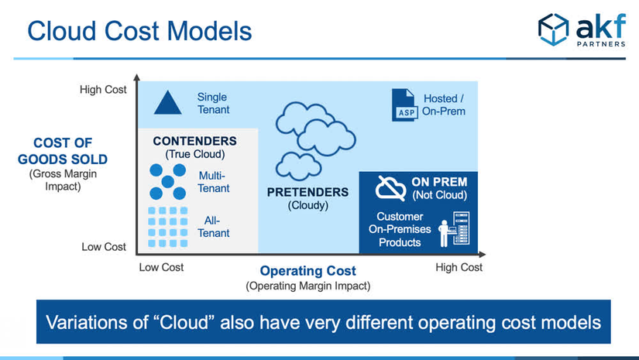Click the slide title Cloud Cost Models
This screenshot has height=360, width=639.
tap(139, 31)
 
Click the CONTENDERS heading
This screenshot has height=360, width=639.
tap(194, 141)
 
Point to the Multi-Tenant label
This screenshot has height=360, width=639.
tap(215, 181)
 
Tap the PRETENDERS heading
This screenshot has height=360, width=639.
tap(307, 192)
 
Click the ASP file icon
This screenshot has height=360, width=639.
tap(404, 105)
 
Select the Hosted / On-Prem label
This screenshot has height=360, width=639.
tap(445, 105)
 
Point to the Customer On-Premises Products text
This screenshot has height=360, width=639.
tap(400, 229)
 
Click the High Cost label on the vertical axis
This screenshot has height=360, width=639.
tap(103, 90)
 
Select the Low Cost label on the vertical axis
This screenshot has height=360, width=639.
tap(104, 247)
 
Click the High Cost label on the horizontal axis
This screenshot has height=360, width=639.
tap(459, 267)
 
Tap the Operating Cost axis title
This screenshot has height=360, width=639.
tap(308, 271)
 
